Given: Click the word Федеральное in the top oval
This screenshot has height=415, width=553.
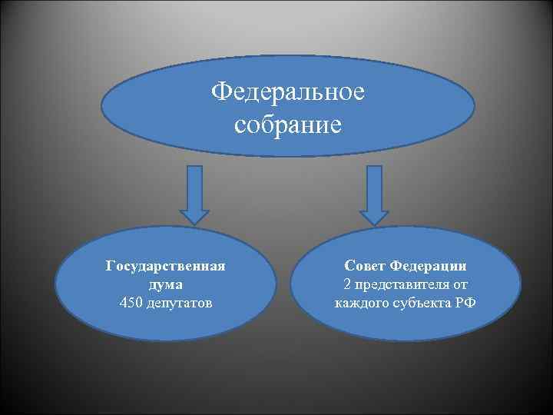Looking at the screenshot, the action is (288, 94).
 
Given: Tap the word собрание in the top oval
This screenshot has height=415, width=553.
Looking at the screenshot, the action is (288, 123).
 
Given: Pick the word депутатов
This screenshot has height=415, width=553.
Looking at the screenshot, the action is (178, 301).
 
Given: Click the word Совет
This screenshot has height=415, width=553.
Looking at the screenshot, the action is (366, 266).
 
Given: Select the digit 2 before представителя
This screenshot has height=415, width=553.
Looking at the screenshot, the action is (348, 284).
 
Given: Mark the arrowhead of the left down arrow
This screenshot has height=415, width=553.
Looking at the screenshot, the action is (196, 215).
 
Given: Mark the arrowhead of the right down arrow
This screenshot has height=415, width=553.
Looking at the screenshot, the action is (375, 215).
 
